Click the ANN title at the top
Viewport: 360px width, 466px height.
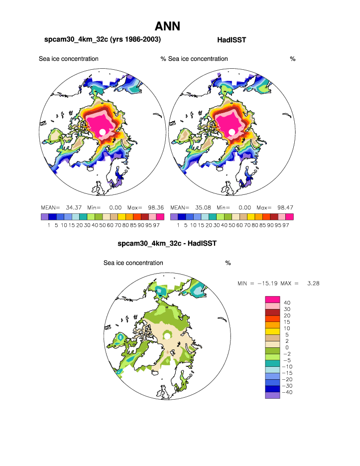coord(167,26)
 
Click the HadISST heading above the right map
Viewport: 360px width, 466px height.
coord(232,40)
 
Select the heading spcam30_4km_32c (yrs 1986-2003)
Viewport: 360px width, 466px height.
coord(103,39)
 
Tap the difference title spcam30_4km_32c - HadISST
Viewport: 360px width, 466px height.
coord(167,244)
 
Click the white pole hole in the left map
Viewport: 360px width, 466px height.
coord(103,132)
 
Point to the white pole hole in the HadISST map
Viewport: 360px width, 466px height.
coord(232,132)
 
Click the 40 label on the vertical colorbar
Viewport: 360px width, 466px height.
coord(287,303)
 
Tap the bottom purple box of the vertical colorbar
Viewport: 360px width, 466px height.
coord(272,395)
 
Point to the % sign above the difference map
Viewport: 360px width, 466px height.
coord(228,263)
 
